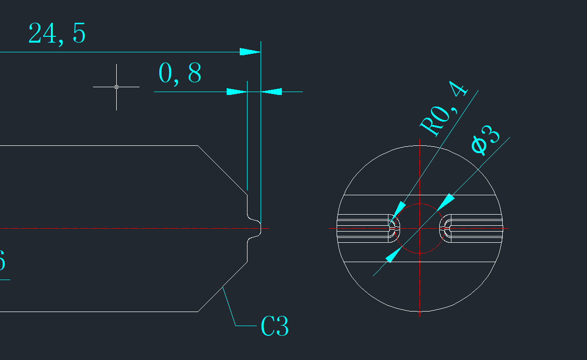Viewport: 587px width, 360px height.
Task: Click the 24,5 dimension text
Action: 57,34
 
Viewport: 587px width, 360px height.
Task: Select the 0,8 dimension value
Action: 180,74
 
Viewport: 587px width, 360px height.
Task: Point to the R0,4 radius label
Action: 444,109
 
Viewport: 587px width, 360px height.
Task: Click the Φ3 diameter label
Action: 485,140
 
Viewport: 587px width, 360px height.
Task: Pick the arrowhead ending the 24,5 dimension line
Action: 250,52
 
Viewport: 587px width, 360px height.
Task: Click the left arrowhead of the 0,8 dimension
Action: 237,92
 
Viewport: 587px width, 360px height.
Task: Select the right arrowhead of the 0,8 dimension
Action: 272,92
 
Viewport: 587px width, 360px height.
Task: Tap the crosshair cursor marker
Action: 116,87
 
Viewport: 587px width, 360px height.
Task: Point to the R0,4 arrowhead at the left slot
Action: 398,211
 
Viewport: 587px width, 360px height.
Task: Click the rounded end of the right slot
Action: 443,228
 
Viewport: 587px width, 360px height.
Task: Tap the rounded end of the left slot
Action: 398,228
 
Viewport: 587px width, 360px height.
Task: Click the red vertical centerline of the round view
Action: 419,291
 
